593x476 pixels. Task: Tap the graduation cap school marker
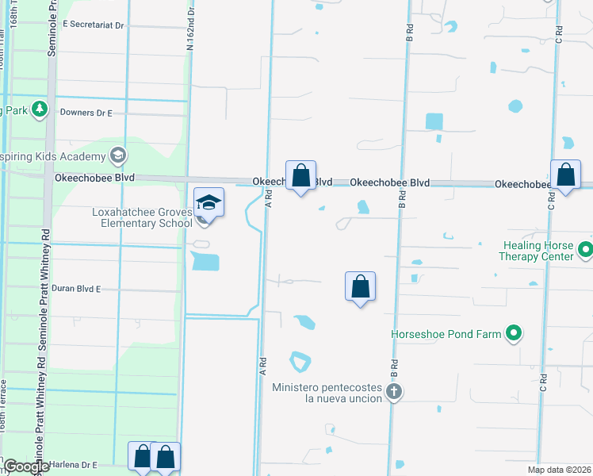209,202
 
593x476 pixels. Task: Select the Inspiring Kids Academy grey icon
119,154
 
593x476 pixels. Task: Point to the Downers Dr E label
86,113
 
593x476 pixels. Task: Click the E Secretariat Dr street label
94,25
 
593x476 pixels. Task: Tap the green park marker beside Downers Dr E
40,109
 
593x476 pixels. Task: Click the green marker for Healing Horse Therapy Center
586,251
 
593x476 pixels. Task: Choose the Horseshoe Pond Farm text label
446,334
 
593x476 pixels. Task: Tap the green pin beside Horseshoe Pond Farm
514,334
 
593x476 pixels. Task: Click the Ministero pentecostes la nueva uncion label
327,393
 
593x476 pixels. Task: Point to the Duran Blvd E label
77,289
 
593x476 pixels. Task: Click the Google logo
25,467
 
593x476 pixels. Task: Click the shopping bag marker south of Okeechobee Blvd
360,286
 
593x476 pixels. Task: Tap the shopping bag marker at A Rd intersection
300,176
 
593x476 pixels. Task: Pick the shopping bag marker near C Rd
565,175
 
